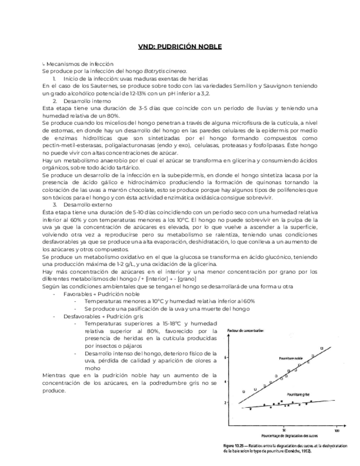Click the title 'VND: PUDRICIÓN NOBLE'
180,47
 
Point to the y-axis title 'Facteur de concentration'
245,330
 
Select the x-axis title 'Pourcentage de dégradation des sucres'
284,435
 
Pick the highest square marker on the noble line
322,347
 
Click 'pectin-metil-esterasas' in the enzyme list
69,146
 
